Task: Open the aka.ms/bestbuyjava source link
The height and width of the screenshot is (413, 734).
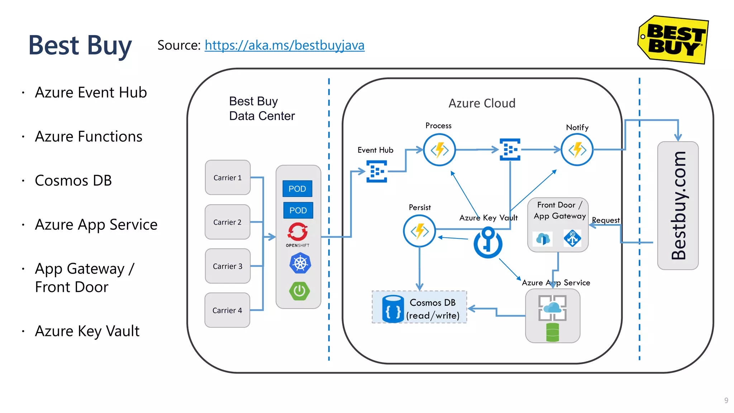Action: (x=285, y=46)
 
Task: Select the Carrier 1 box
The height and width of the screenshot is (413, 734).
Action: (x=228, y=177)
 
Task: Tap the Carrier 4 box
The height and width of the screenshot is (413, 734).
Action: (x=227, y=310)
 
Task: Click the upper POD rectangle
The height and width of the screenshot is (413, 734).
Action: (x=297, y=189)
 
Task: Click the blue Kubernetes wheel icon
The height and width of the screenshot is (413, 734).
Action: (x=300, y=264)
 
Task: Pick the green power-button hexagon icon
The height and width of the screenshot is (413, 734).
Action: (x=300, y=291)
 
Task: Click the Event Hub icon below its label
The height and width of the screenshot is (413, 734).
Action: (x=377, y=171)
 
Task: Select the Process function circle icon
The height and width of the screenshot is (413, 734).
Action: (x=439, y=150)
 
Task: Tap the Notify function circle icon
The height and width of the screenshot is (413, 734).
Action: (x=577, y=150)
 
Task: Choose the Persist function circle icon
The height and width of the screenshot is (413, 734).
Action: (x=419, y=231)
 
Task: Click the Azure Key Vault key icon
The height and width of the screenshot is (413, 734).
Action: (x=488, y=243)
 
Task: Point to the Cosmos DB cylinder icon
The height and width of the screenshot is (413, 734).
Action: (x=393, y=309)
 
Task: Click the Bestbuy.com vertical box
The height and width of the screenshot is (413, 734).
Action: (x=678, y=205)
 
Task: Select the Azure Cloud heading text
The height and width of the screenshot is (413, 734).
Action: (x=482, y=103)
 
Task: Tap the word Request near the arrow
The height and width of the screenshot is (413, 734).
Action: (x=606, y=220)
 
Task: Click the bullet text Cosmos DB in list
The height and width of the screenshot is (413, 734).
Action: (x=73, y=181)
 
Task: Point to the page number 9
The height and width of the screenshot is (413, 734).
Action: (x=726, y=400)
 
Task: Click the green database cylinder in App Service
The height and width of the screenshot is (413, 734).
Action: (x=552, y=332)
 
